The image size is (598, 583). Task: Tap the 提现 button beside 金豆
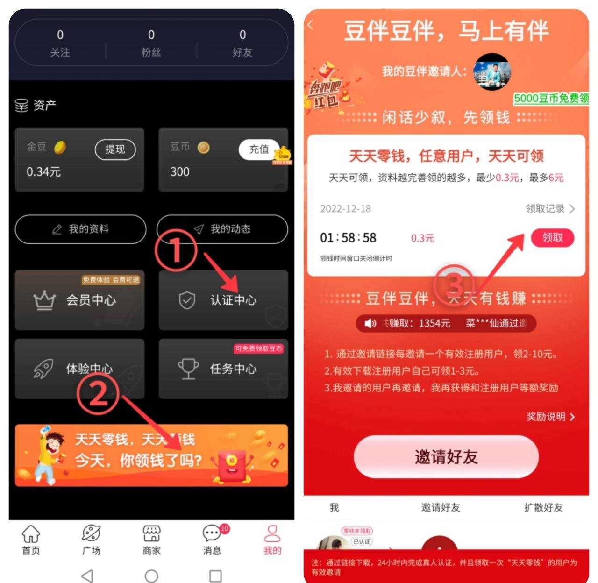[x=115, y=149]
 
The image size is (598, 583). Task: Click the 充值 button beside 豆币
[x=259, y=149]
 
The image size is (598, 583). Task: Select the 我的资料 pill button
[x=80, y=229]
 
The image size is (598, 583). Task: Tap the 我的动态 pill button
[x=222, y=229]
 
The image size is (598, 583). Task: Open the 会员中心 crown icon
[x=44, y=300]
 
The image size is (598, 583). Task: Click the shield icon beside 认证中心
[x=187, y=300]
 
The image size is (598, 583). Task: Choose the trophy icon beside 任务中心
[x=188, y=369]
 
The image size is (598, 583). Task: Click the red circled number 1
[x=176, y=251]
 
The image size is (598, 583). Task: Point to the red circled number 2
[x=98, y=394]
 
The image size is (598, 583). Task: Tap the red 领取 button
[x=552, y=238]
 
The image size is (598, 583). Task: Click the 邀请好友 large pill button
[x=446, y=457]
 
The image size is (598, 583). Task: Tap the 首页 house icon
[x=31, y=533]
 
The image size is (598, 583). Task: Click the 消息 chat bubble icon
[x=212, y=533]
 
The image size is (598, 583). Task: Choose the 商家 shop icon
[x=151, y=533]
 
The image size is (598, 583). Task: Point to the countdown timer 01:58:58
[x=348, y=238]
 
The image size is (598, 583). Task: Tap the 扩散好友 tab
[x=543, y=507]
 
